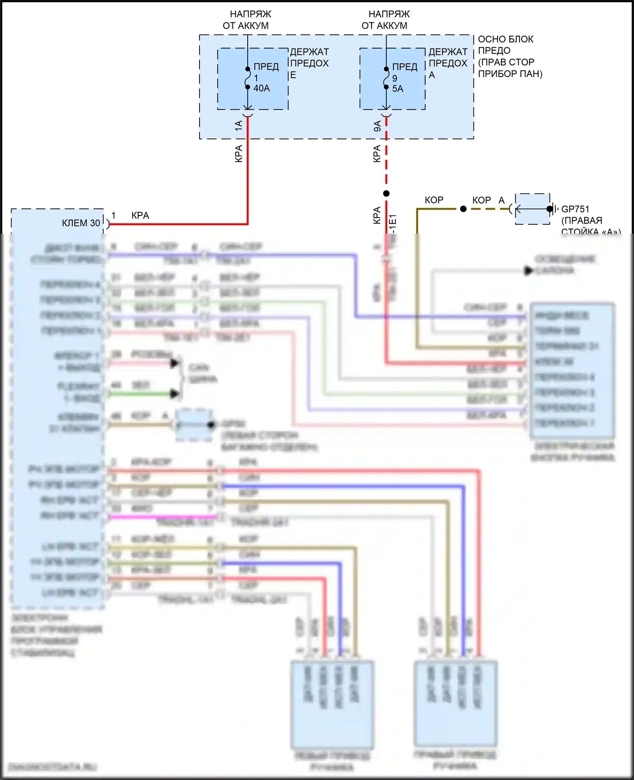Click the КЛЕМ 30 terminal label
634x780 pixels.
tap(81, 223)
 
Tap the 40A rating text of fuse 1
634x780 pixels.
tap(262, 88)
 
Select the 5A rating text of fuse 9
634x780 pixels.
tap(398, 89)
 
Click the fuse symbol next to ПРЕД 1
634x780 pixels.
tap(248, 78)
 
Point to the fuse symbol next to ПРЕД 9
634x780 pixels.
tap(386, 78)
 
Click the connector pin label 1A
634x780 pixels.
tap(238, 125)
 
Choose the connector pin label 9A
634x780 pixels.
tap(377, 126)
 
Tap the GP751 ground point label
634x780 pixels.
tap(575, 209)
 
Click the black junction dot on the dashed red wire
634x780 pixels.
tap(386, 194)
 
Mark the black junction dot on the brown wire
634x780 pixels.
tap(463, 209)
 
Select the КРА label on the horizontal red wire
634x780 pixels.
tap(140, 215)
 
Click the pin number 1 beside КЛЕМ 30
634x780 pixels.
tap(113, 215)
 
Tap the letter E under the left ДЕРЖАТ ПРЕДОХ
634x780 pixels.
tap(293, 75)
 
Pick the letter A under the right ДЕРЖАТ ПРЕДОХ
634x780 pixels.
tap(432, 75)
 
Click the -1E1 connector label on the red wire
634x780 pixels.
tap(393, 223)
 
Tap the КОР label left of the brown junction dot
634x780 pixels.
tap(434, 200)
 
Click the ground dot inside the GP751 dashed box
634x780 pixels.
tap(549, 209)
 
